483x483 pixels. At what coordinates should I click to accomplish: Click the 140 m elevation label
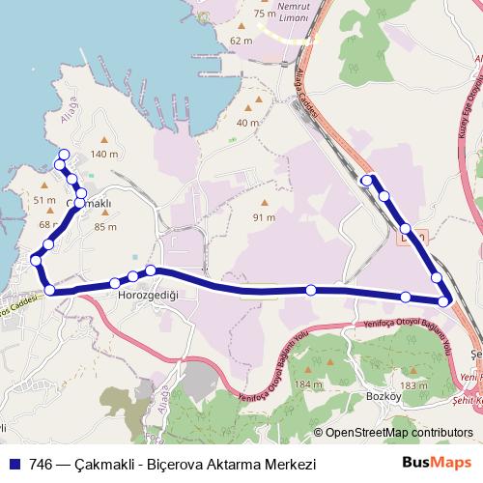point(103,154)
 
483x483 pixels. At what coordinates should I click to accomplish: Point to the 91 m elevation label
point(265,217)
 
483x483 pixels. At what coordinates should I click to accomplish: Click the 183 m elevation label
point(413,384)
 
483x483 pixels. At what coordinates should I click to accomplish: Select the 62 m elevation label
point(241,41)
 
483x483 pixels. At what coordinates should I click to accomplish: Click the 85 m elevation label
point(105,228)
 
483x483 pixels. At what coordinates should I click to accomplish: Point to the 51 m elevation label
point(44,200)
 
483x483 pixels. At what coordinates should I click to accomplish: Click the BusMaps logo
point(437,463)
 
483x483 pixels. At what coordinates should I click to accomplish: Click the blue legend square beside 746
point(14,464)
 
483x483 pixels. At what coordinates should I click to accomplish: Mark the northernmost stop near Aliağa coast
point(64,155)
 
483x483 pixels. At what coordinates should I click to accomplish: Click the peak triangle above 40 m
point(248,107)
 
